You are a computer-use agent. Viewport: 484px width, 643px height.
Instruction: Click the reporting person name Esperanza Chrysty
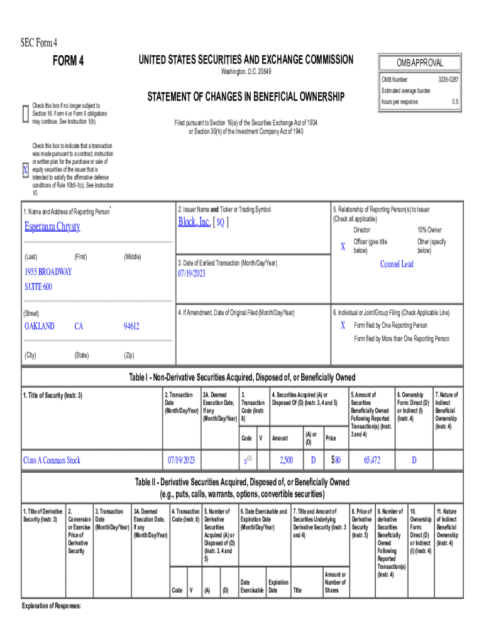coord(52,227)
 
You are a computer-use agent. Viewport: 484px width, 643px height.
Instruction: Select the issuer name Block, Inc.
coord(195,222)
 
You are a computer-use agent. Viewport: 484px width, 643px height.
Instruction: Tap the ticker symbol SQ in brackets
coord(221,223)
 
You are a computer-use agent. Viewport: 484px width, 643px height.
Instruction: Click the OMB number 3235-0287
coord(448,80)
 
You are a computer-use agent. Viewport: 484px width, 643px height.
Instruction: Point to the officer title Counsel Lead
coord(397,264)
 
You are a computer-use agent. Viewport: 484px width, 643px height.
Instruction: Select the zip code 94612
coord(131,326)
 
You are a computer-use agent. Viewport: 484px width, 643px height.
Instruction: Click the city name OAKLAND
coord(39,326)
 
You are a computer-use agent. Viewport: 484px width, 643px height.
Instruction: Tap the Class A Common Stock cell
coord(52,460)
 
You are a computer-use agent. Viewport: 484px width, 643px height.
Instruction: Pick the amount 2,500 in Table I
coord(285,460)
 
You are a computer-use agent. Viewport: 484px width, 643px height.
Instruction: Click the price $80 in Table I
coord(336,460)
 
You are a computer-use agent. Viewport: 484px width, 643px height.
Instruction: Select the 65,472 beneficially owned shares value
coord(371,460)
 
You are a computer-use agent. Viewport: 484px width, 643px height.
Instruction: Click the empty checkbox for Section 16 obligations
coord(25,111)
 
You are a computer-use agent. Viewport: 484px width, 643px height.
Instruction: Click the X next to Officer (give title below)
coord(343,247)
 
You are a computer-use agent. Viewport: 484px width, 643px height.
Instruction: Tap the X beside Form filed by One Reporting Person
coord(343,325)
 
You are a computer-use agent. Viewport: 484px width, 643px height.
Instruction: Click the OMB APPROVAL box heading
coord(420,63)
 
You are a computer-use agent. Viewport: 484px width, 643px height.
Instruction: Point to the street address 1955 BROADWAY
coord(48,272)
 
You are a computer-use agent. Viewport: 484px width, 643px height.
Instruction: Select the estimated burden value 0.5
coord(454,101)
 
